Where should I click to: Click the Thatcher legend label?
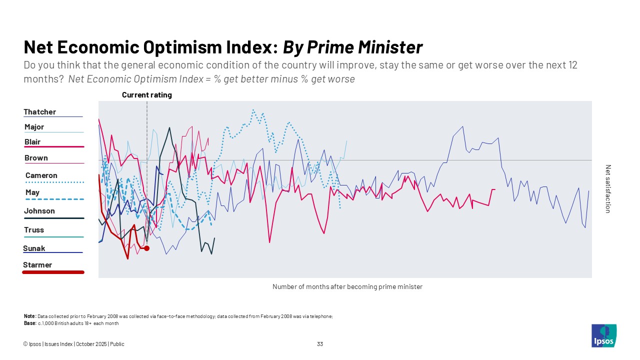click(x=39, y=112)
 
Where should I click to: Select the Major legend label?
click(x=34, y=127)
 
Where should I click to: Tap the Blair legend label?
click(x=32, y=142)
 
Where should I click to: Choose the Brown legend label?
click(x=36, y=158)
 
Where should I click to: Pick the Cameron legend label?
click(x=41, y=175)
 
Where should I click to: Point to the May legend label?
click(x=32, y=192)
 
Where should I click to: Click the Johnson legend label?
click(x=39, y=211)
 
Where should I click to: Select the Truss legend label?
click(x=34, y=230)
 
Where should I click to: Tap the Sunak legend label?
click(x=34, y=248)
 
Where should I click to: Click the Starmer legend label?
click(x=37, y=265)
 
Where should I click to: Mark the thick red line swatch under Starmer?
click(x=53, y=272)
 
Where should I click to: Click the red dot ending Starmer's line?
click(x=146, y=248)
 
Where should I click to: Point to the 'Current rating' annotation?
click(x=146, y=95)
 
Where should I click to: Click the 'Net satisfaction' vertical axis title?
click(x=608, y=189)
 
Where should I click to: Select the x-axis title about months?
click(x=347, y=287)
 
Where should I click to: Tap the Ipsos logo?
click(x=603, y=335)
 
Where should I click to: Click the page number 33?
click(x=320, y=344)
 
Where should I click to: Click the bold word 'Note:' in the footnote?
click(x=29, y=316)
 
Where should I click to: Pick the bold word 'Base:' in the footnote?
click(x=29, y=323)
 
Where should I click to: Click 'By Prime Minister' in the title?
click(x=352, y=47)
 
